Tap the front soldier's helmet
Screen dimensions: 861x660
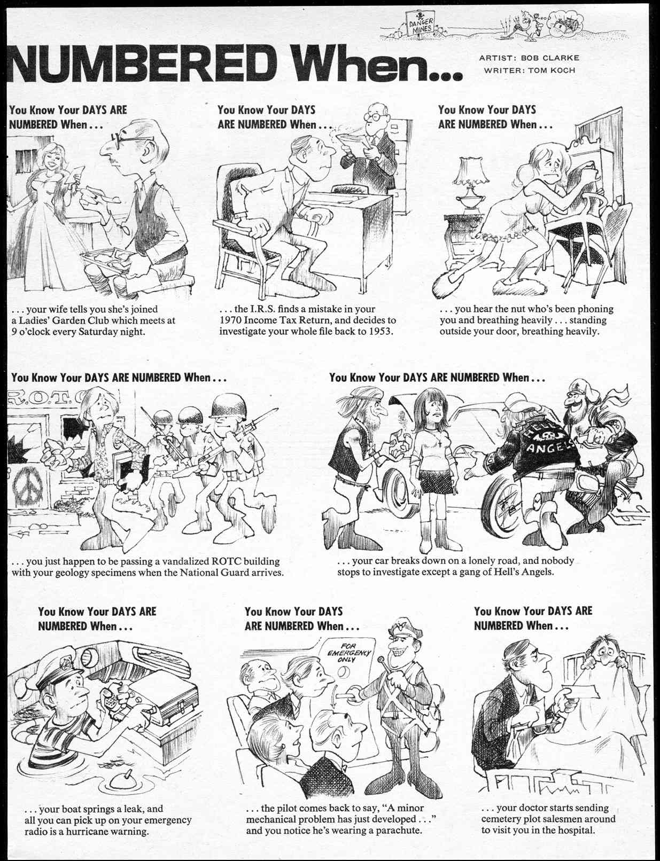click(x=226, y=408)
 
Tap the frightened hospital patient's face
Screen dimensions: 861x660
click(x=604, y=654)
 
